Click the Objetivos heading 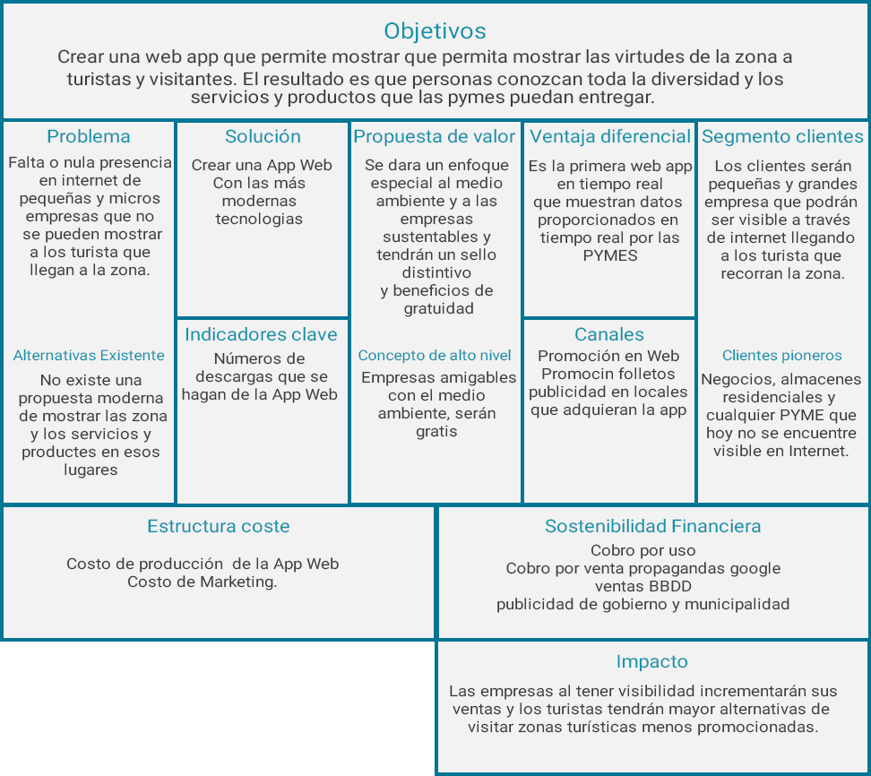(435, 31)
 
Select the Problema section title (89, 137)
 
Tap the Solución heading (263, 137)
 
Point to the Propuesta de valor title (435, 137)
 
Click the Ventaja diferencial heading (610, 137)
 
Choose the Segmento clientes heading (782, 137)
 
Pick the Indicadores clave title (261, 335)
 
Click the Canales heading (609, 335)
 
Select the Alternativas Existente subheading (89, 356)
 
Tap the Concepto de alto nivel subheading (435, 356)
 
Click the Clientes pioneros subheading (782, 356)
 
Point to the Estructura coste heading (219, 527)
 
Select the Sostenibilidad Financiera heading (653, 527)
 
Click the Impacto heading (652, 662)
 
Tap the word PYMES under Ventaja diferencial (609, 255)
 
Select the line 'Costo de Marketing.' (203, 582)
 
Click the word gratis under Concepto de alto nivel (436, 432)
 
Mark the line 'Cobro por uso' (642, 551)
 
